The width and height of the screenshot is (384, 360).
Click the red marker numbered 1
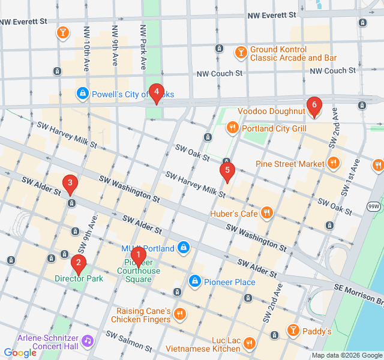pyautogui.click(x=139, y=256)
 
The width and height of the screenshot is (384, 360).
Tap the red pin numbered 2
pyautogui.click(x=77, y=262)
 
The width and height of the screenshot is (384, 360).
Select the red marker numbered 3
pyautogui.click(x=70, y=183)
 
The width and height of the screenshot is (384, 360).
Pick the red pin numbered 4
pyautogui.click(x=156, y=92)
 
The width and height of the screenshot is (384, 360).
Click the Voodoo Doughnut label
pyautogui.click(x=271, y=111)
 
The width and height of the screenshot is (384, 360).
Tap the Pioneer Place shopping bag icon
pyautogui.click(x=195, y=281)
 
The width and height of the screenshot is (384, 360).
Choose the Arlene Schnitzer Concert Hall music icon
pyautogui.click(x=88, y=341)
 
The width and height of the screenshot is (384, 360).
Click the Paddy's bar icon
pyautogui.click(x=293, y=330)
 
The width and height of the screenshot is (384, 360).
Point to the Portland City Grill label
pyautogui.click(x=274, y=128)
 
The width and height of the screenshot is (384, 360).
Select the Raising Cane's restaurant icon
pyautogui.click(x=179, y=314)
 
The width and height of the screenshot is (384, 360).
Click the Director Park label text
pyautogui.click(x=79, y=278)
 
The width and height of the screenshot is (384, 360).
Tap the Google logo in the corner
pyautogui.click(x=20, y=353)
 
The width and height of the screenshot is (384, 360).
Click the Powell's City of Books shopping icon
pyautogui.click(x=82, y=94)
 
